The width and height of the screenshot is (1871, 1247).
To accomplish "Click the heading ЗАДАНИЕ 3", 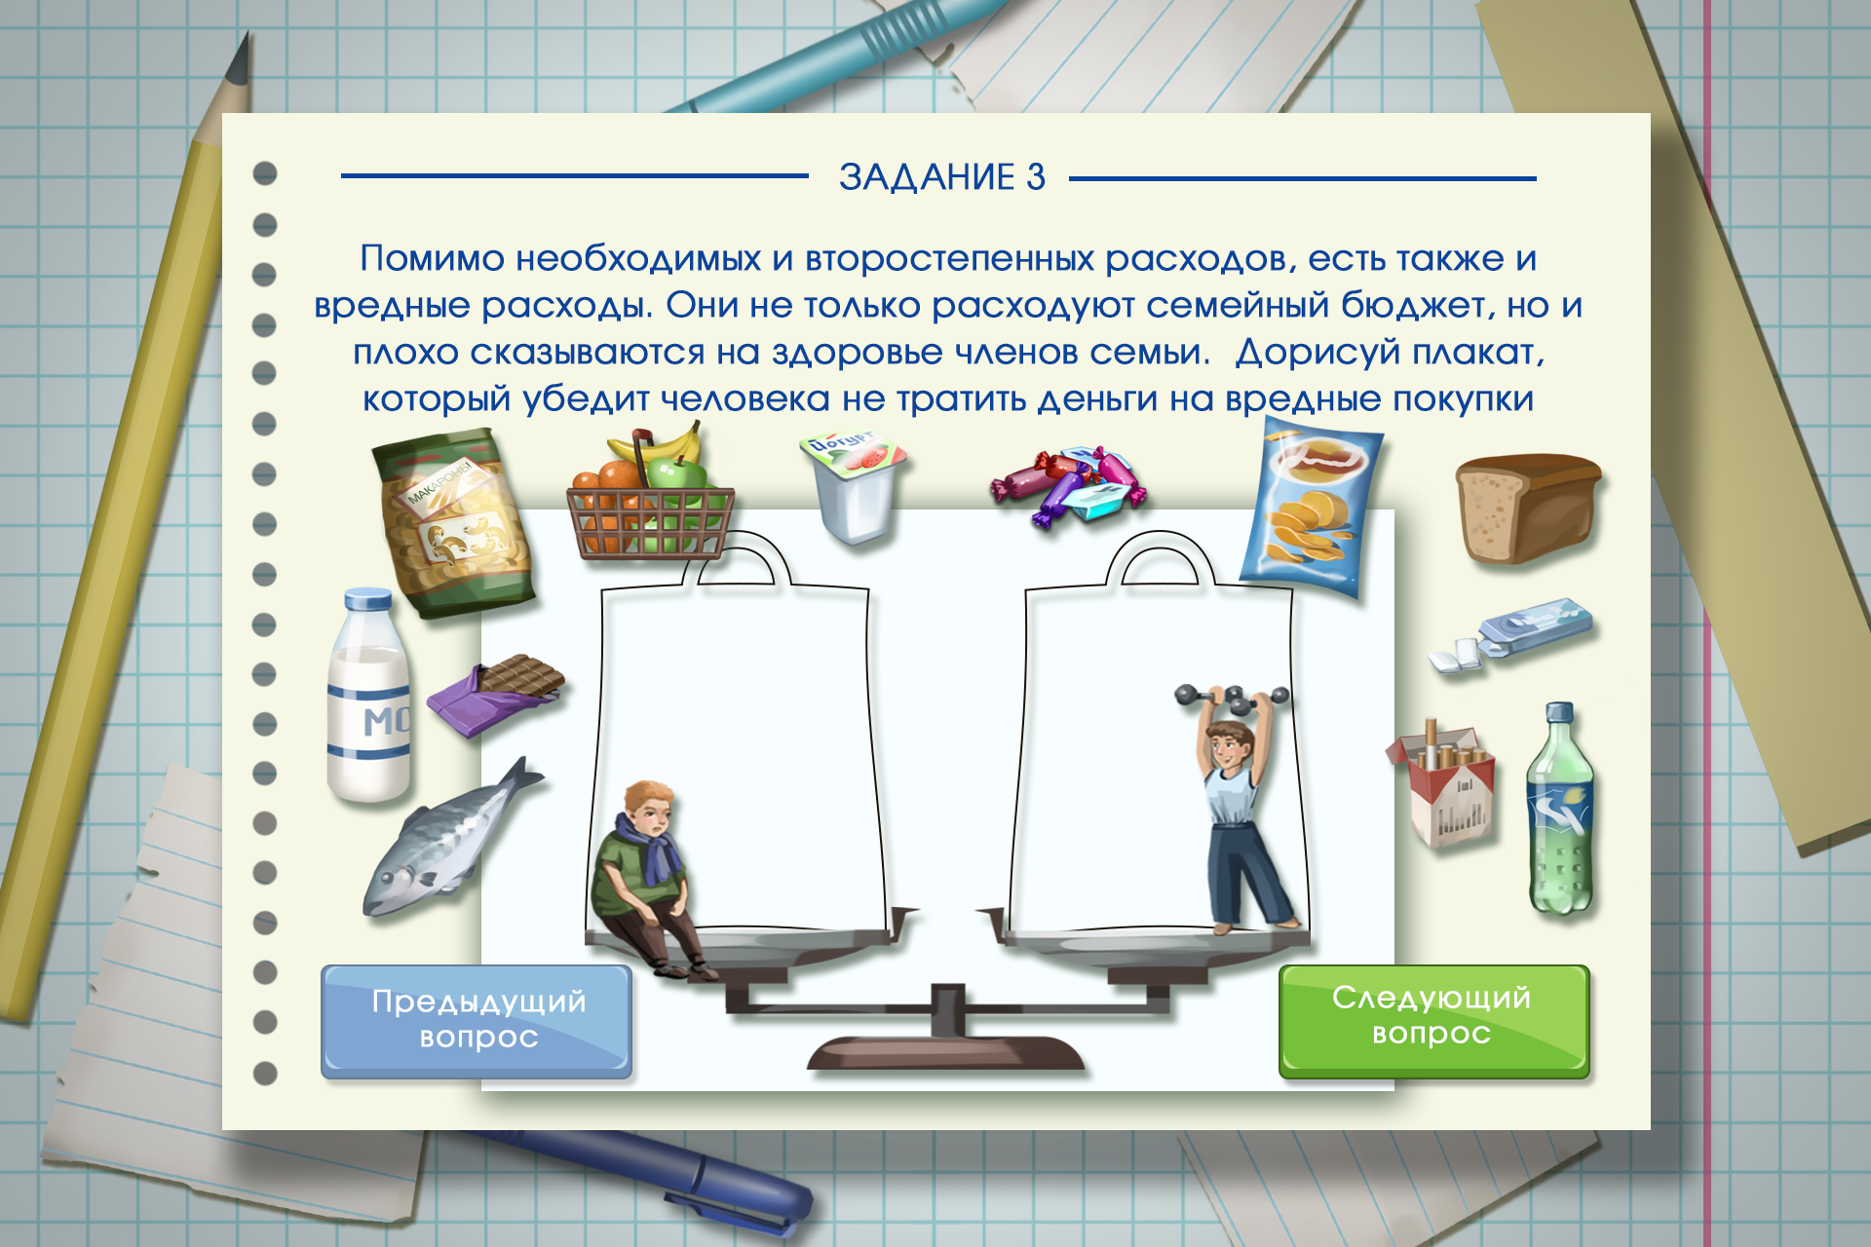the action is [x=942, y=177].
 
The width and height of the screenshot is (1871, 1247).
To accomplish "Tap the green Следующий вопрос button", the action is [x=1433, y=1021].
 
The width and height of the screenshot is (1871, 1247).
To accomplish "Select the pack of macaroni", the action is [x=453, y=524].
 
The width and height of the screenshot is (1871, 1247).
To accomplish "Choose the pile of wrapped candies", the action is [x=1068, y=484].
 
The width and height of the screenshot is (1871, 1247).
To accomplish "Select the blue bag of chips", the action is [x=1311, y=507].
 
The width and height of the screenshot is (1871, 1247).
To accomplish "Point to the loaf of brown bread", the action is [x=1527, y=507].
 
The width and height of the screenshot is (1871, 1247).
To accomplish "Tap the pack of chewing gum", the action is [x=1510, y=635].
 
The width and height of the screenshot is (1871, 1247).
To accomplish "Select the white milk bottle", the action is [x=368, y=696].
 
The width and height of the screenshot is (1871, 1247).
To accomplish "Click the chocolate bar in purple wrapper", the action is [x=496, y=695].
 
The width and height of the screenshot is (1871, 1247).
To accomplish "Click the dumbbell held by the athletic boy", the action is [x=1232, y=698].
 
